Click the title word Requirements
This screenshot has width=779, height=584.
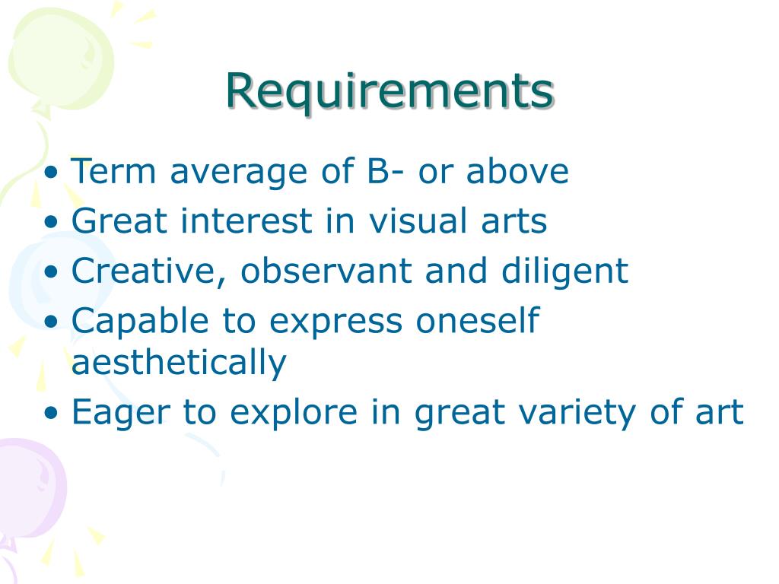click(x=389, y=91)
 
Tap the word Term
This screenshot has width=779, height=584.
click(x=113, y=171)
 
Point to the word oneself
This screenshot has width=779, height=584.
click(x=477, y=321)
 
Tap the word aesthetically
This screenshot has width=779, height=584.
click(x=179, y=363)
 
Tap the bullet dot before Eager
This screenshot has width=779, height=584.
click(x=50, y=414)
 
